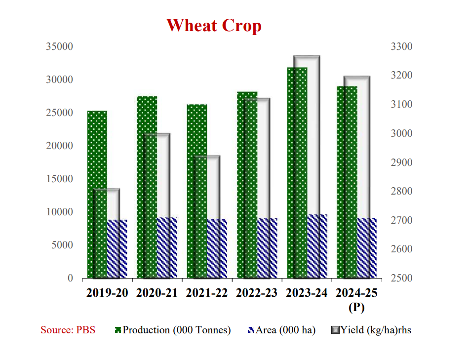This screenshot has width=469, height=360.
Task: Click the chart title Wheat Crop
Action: tap(214, 26)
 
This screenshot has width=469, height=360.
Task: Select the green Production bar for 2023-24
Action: tap(297, 173)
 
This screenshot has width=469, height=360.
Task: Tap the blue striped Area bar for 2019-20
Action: tap(117, 249)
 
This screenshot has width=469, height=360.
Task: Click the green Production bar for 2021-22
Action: tap(197, 191)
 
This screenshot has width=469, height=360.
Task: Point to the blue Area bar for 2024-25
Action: tap(367, 248)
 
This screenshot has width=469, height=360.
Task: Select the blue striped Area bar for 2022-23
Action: tap(267, 248)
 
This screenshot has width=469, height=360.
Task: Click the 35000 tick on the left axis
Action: tap(59, 47)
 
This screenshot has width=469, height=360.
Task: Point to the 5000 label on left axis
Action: tap(62, 245)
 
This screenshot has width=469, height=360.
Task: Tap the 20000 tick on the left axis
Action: tap(59, 146)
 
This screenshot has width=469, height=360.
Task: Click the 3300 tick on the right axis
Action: tap(402, 47)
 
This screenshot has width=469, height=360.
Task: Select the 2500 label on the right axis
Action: tap(402, 278)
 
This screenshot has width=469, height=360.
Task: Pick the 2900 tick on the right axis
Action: tap(402, 162)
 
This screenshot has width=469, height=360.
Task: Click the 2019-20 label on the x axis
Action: tap(107, 293)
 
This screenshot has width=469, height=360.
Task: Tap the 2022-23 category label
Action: tap(257, 293)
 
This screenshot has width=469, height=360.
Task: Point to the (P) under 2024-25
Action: tap(356, 307)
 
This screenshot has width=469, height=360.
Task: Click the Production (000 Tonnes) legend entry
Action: tap(173, 330)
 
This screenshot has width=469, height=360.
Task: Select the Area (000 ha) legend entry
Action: tap(281, 330)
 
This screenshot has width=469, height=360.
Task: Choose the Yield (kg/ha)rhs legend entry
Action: tap(371, 330)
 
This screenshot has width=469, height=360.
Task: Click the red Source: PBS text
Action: tap(68, 330)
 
